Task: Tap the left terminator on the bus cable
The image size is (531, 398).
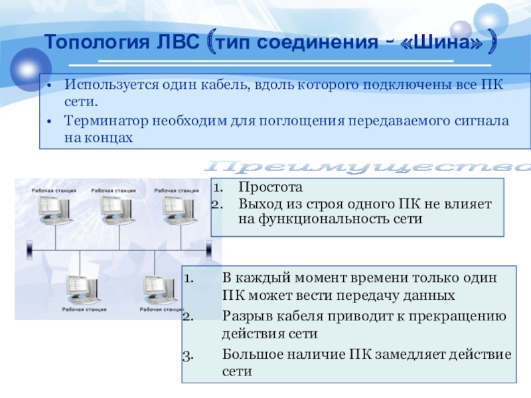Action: [x=30, y=250]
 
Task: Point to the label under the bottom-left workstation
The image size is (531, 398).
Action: [x=82, y=309]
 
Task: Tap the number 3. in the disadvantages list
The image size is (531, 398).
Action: [x=187, y=354]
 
